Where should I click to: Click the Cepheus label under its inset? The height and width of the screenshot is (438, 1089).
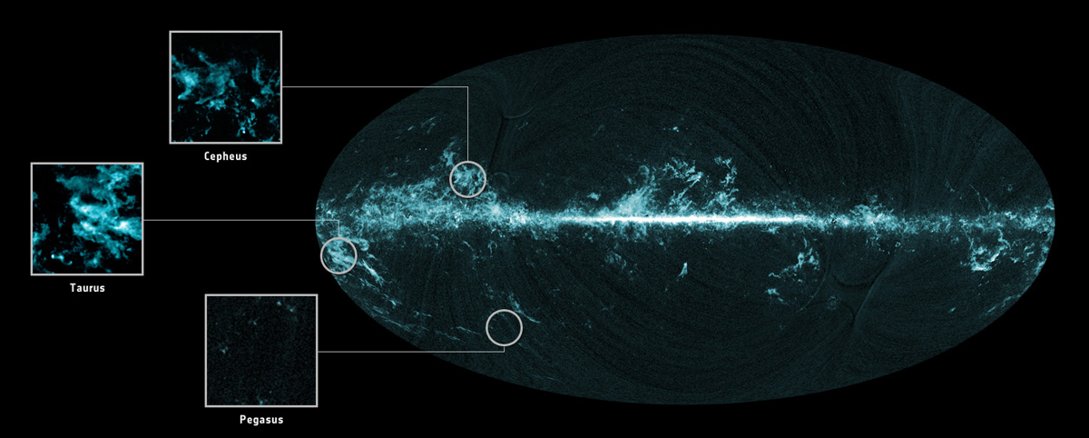(226, 156)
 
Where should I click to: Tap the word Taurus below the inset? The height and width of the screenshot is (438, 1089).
(87, 287)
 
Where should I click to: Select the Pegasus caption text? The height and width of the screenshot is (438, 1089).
(261, 419)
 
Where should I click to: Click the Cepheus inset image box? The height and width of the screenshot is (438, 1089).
(226, 87)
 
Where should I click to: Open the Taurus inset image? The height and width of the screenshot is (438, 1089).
(87, 219)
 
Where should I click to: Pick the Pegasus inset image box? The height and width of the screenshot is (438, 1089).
(261, 350)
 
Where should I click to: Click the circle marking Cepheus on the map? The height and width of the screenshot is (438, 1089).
(468, 178)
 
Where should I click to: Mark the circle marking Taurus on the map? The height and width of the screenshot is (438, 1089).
(338, 255)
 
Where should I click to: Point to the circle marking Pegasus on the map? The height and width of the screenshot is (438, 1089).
(505, 327)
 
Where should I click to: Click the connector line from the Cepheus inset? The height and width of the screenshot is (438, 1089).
(381, 87)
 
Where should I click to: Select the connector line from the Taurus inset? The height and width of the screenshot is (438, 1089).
(236, 219)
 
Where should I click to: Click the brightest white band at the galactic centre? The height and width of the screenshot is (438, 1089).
(690, 219)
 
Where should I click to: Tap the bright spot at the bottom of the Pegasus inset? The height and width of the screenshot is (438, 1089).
(261, 399)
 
